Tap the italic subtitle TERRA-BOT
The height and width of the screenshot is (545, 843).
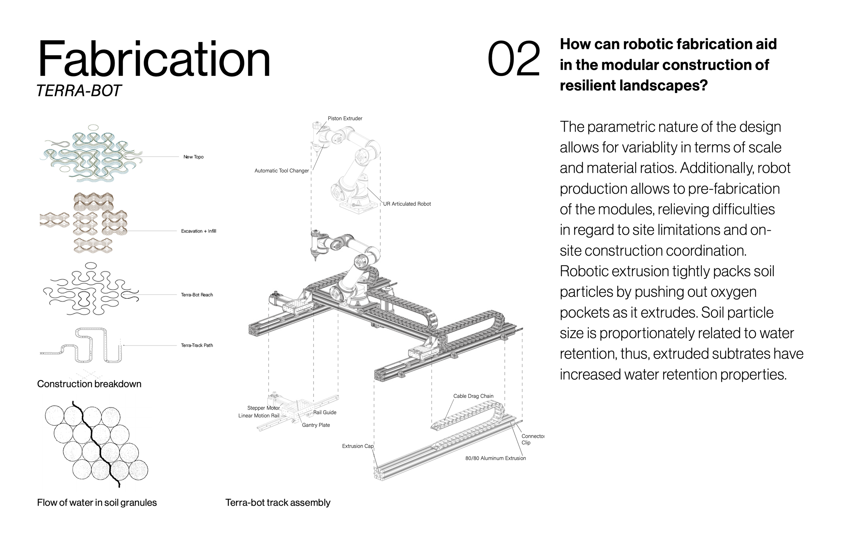tap(79, 91)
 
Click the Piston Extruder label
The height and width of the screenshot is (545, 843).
tap(345, 119)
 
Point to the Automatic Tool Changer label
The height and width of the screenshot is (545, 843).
tap(282, 170)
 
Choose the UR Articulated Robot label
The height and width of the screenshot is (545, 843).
tap(407, 204)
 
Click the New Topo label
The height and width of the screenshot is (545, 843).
tap(194, 157)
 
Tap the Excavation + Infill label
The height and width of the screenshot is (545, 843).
tap(198, 231)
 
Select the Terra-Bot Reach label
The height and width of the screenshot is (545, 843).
tap(197, 295)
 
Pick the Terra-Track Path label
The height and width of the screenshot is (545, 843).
tap(197, 345)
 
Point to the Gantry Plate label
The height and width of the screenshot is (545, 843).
tap(316, 425)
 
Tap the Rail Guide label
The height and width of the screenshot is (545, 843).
tap(324, 412)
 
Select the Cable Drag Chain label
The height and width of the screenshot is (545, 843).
tap(473, 396)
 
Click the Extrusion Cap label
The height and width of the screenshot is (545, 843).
tap(357, 446)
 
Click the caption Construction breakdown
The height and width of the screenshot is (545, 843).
tap(89, 384)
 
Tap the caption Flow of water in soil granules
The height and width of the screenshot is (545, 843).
tap(97, 503)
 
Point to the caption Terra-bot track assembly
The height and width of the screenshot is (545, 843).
tap(278, 503)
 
